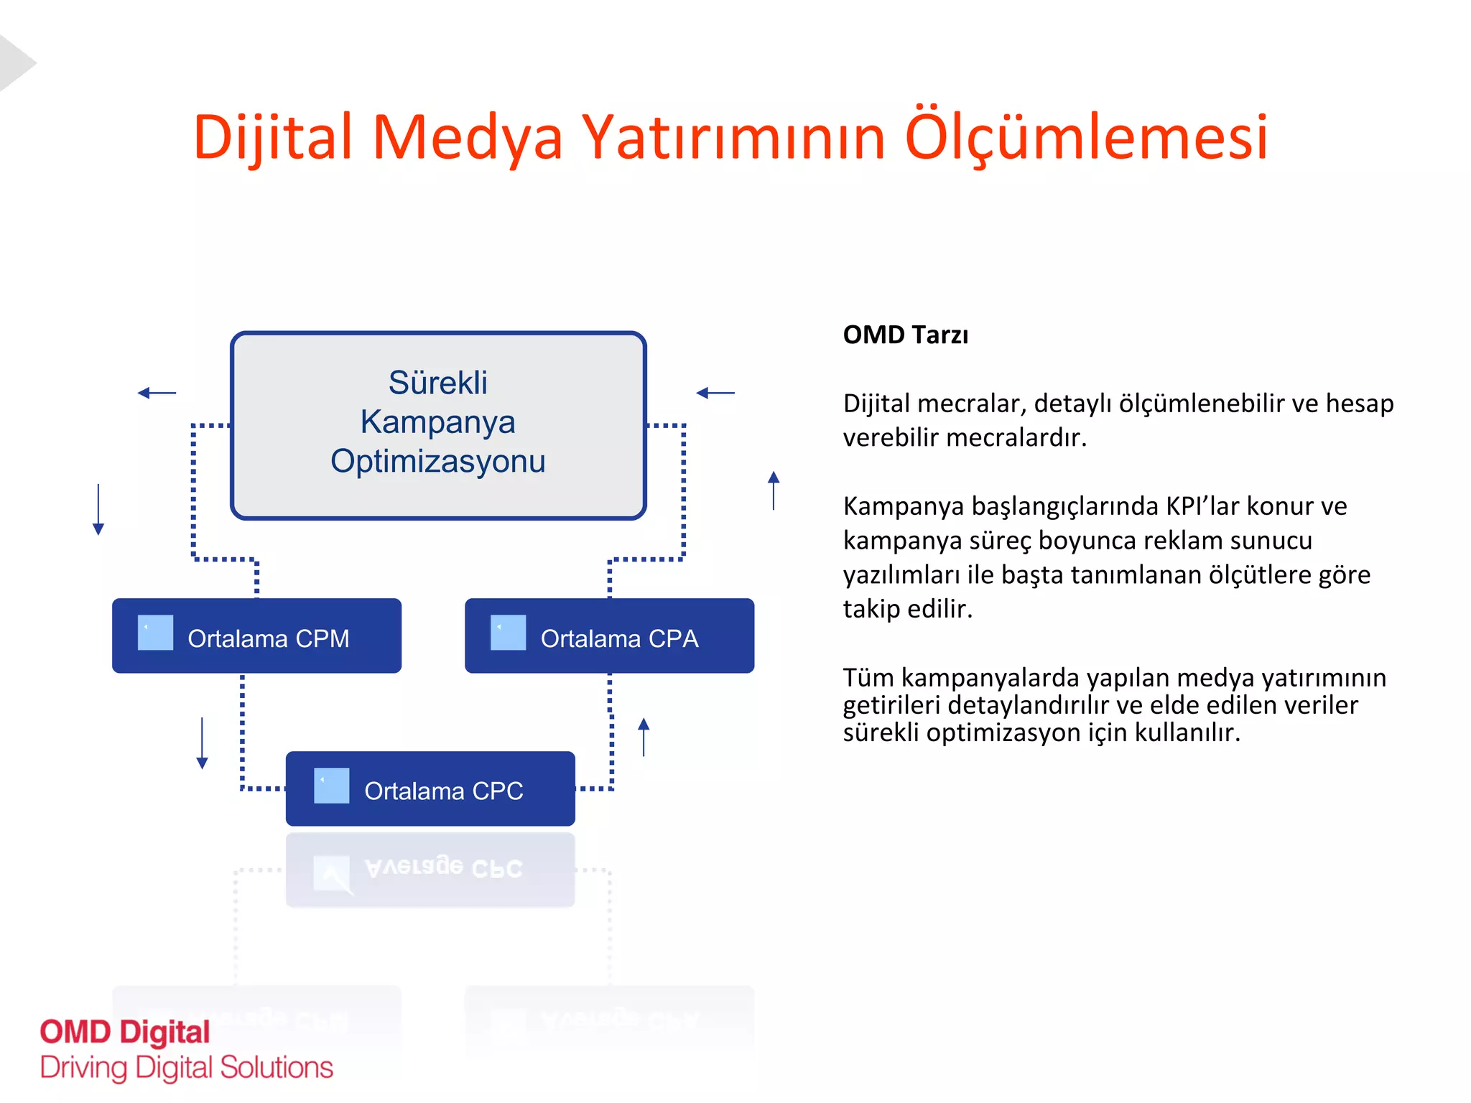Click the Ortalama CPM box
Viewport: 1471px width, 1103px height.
coord(256,636)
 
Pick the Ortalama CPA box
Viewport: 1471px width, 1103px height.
coord(609,636)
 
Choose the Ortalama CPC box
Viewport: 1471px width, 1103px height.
coord(430,788)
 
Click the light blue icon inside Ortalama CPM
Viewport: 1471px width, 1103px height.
coord(155,633)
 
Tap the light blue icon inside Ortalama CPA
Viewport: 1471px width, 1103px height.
coord(508,633)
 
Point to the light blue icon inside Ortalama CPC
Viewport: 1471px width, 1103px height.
coord(331,786)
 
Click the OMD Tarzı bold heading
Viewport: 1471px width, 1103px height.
coord(905,335)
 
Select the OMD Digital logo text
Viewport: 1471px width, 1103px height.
coord(125,1032)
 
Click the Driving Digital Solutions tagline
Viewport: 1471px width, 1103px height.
coord(187,1068)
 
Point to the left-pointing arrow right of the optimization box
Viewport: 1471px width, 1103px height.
coord(715,393)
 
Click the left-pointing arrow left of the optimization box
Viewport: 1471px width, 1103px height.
coord(157,393)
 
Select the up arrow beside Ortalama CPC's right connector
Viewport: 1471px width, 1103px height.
coord(644,737)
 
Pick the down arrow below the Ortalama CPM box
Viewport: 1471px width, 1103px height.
coord(202,743)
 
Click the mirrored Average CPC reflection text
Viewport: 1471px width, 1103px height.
coord(443,867)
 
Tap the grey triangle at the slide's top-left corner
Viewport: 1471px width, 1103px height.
coord(14,63)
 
